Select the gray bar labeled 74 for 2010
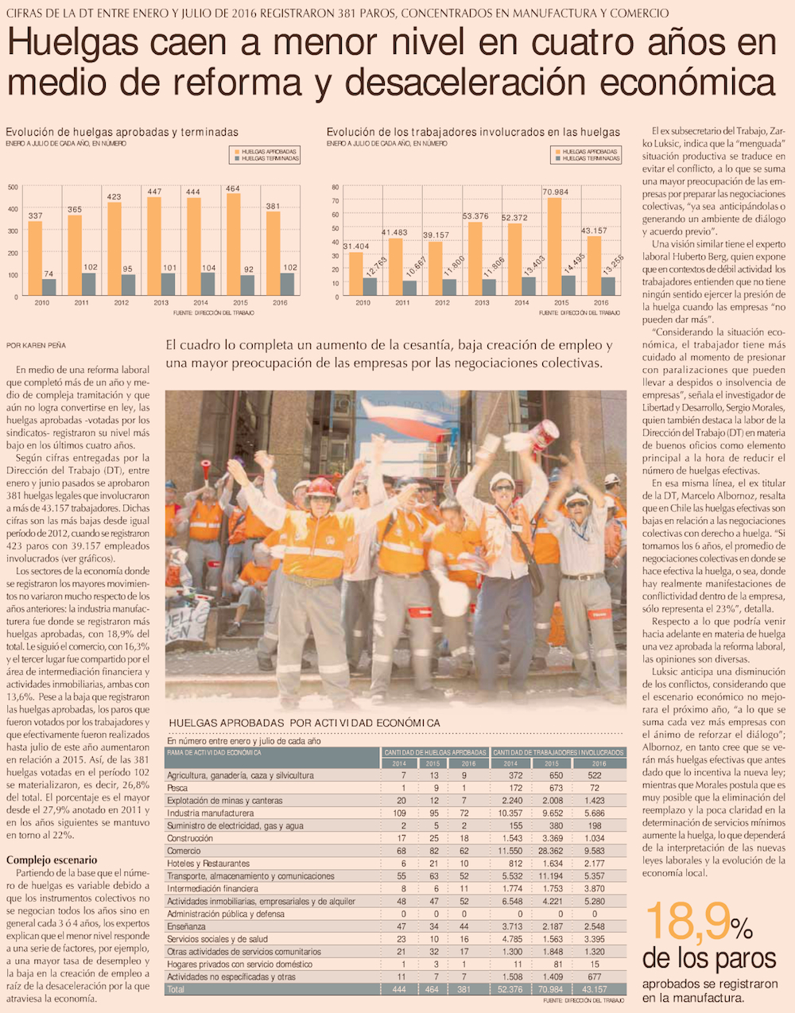coord(49,287)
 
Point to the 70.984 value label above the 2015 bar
coord(556,192)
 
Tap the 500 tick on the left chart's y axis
coord(13,188)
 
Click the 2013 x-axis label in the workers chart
coord(482,303)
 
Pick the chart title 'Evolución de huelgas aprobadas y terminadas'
coord(122,132)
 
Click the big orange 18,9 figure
coord(686,922)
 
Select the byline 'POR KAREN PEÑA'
coord(36,345)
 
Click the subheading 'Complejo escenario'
coord(52,860)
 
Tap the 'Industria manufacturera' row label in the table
coord(210,813)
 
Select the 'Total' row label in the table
coord(176,989)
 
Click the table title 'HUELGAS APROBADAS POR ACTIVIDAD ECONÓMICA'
coord(304,722)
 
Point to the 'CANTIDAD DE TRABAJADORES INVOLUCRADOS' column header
coord(558,752)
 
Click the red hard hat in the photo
coord(321,487)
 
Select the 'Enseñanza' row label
coord(186,926)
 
